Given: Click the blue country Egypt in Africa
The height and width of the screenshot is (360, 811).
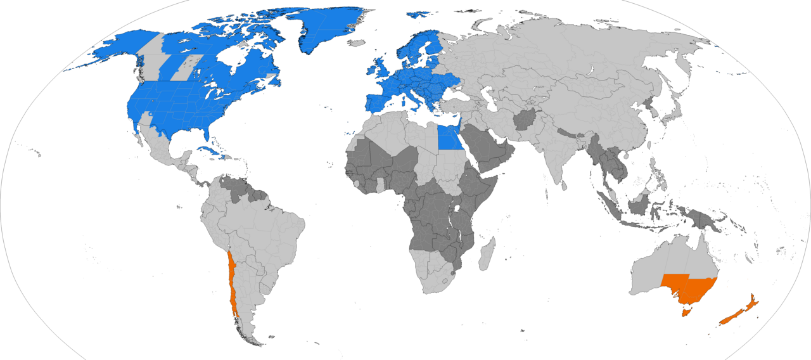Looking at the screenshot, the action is pyautogui.click(x=449, y=136).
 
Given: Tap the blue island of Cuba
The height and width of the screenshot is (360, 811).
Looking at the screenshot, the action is pyautogui.click(x=210, y=151).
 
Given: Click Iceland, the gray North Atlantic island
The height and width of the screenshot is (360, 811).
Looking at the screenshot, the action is pyautogui.click(x=357, y=43).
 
